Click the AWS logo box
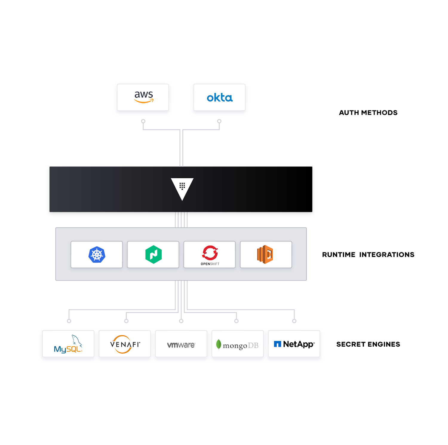(143, 97)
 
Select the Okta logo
(220, 98)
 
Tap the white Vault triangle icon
(182, 188)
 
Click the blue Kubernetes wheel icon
(97, 255)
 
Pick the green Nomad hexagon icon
(154, 254)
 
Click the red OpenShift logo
(210, 253)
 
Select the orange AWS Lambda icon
(265, 254)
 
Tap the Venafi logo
(125, 344)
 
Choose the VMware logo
(181, 345)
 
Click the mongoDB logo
(237, 345)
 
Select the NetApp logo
(294, 344)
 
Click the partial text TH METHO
(368, 113)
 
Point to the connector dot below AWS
(143, 121)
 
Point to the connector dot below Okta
(219, 121)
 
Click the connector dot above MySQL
(69, 321)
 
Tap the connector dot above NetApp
(294, 321)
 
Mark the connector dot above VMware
(181, 321)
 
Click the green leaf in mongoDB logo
(219, 344)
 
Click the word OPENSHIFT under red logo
(210, 264)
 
